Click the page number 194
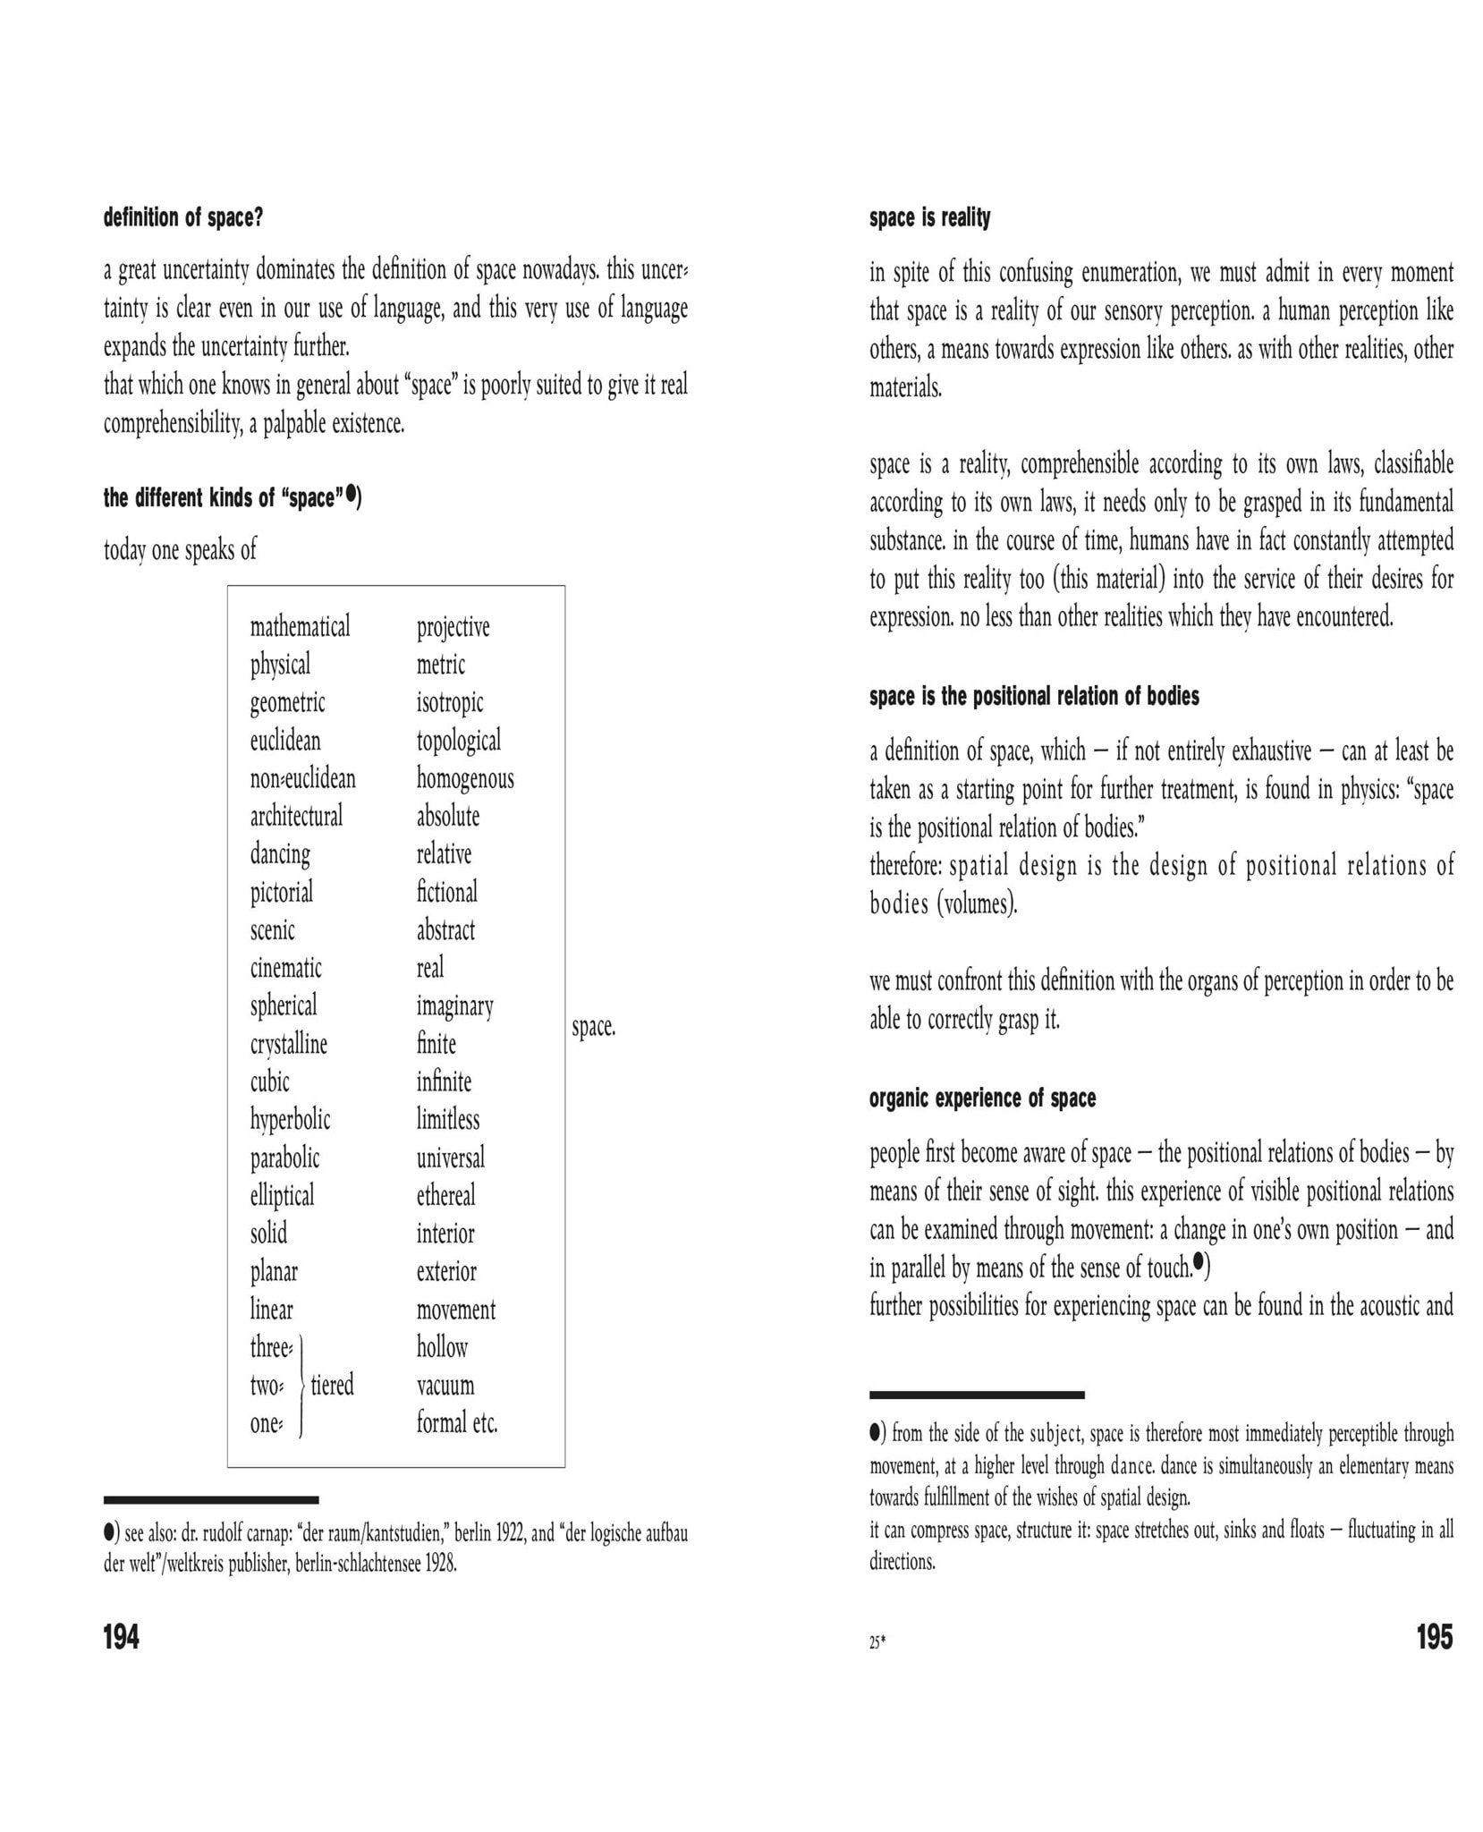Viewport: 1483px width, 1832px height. pyautogui.click(x=122, y=1637)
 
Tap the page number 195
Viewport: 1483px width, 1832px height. pyautogui.click(x=1435, y=1637)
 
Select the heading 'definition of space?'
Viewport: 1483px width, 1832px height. pyautogui.click(x=183, y=217)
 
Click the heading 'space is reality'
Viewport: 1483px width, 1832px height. pyautogui.click(x=929, y=217)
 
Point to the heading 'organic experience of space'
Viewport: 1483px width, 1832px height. pyautogui.click(x=982, y=1098)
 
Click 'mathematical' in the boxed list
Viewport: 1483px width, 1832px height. pyautogui.click(x=300, y=626)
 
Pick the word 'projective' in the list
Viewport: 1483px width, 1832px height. pyautogui.click(x=453, y=626)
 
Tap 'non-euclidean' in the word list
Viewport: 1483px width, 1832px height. pyautogui.click(x=302, y=778)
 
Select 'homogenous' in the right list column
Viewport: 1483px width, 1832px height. pyautogui.click(x=465, y=778)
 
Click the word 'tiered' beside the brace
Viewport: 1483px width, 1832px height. pyautogui.click(x=332, y=1385)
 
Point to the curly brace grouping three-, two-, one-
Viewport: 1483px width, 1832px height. pyautogui.click(x=301, y=1386)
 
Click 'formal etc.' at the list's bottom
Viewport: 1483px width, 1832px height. pyautogui.click(x=456, y=1422)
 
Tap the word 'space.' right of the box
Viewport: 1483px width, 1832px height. pyautogui.click(x=594, y=1026)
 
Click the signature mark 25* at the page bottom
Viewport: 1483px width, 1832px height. pyautogui.click(x=877, y=1642)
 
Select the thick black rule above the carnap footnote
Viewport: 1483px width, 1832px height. pyautogui.click(x=211, y=1499)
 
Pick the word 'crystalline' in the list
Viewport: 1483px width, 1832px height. pyautogui.click(x=288, y=1043)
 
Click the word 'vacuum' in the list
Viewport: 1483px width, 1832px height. pyautogui.click(x=445, y=1385)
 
